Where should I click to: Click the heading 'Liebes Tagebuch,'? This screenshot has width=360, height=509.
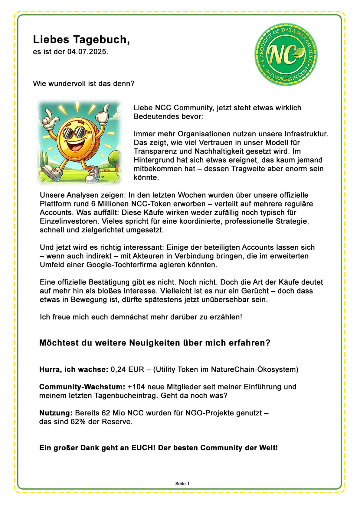81,40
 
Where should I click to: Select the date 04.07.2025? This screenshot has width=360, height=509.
87,52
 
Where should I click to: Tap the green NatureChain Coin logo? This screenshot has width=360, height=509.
286,54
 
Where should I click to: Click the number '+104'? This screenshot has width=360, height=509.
136,387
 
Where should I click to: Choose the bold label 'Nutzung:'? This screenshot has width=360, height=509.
56,413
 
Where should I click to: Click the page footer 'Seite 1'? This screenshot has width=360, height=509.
182,484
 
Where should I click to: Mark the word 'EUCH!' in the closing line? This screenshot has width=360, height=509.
143,448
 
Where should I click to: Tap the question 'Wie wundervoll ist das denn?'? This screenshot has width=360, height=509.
83,83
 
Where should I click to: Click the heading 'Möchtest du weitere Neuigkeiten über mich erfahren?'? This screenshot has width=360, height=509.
155,343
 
